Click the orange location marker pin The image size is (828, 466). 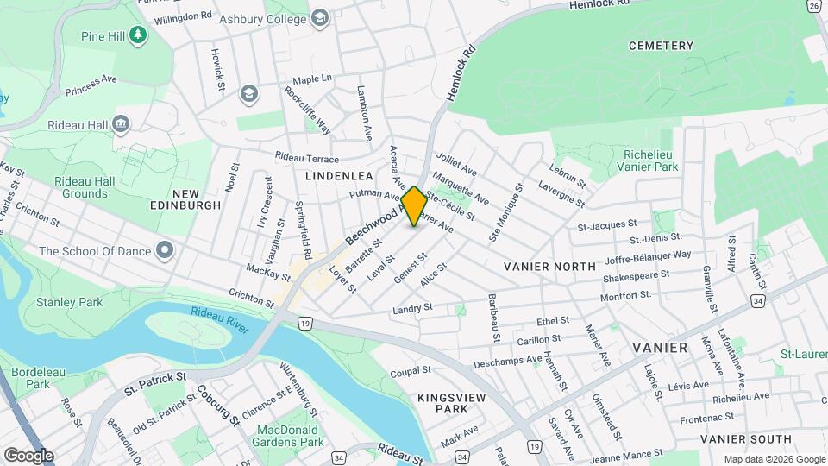pyautogui.click(x=414, y=206)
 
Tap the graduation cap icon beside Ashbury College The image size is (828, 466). pyautogui.click(x=320, y=18)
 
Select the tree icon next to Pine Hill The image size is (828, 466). pyautogui.click(x=138, y=35)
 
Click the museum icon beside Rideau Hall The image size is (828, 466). pyautogui.click(x=121, y=124)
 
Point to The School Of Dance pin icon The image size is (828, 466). pyautogui.click(x=165, y=251)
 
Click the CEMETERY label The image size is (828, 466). pyautogui.click(x=661, y=46)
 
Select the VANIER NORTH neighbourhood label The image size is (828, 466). pyautogui.click(x=550, y=267)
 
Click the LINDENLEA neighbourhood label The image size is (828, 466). pyautogui.click(x=338, y=175)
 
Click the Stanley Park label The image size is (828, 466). pyautogui.click(x=69, y=302)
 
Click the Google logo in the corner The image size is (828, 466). pyautogui.click(x=28, y=455)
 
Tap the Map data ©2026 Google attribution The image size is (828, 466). pyautogui.click(x=774, y=459)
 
